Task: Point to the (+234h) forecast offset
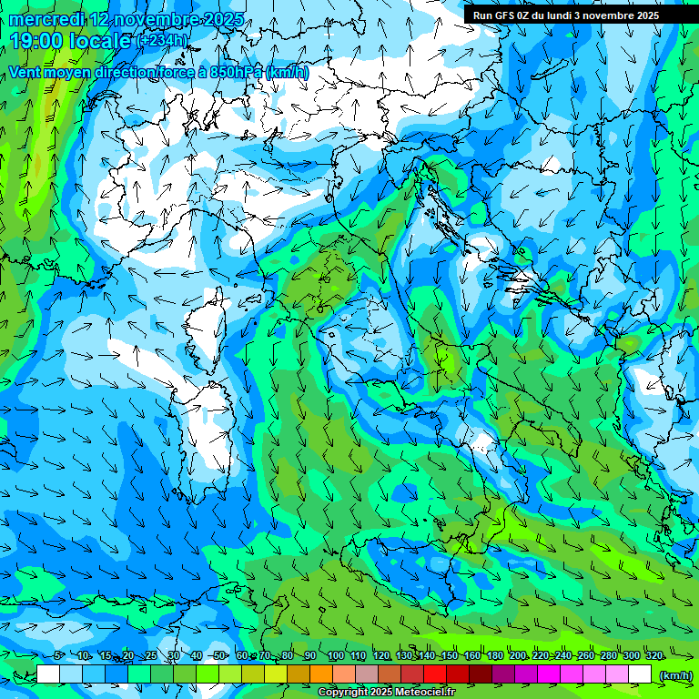pyautogui.click(x=163, y=40)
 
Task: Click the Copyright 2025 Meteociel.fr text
pyautogui.click(x=386, y=693)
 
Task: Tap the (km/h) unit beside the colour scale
pyautogui.click(x=675, y=675)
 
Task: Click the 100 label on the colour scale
pyautogui.click(x=335, y=656)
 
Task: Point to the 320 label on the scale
pyautogui.click(x=653, y=656)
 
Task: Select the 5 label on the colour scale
pyautogui.click(x=58, y=656)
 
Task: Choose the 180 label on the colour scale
pyautogui.click(x=494, y=656)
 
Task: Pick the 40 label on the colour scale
pyautogui.click(x=197, y=656)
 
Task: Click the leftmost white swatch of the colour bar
pyautogui.click(x=48, y=674)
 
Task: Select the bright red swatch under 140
pyautogui.click(x=435, y=674)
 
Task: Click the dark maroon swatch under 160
pyautogui.click(x=481, y=674)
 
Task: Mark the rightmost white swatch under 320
pyautogui.click(x=640, y=674)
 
